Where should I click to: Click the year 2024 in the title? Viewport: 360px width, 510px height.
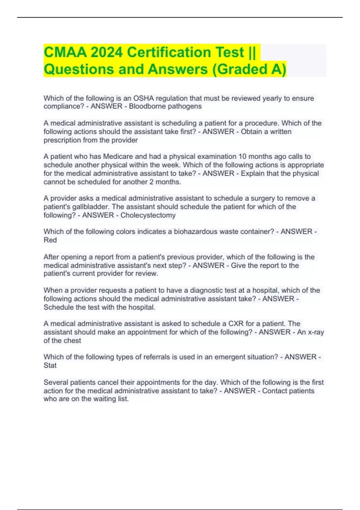[106, 52]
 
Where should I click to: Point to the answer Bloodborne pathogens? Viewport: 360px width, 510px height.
[165, 106]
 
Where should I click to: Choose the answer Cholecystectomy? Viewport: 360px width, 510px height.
[148, 215]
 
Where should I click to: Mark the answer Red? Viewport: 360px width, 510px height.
[50, 240]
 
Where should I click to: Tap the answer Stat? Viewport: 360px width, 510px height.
[50, 365]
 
